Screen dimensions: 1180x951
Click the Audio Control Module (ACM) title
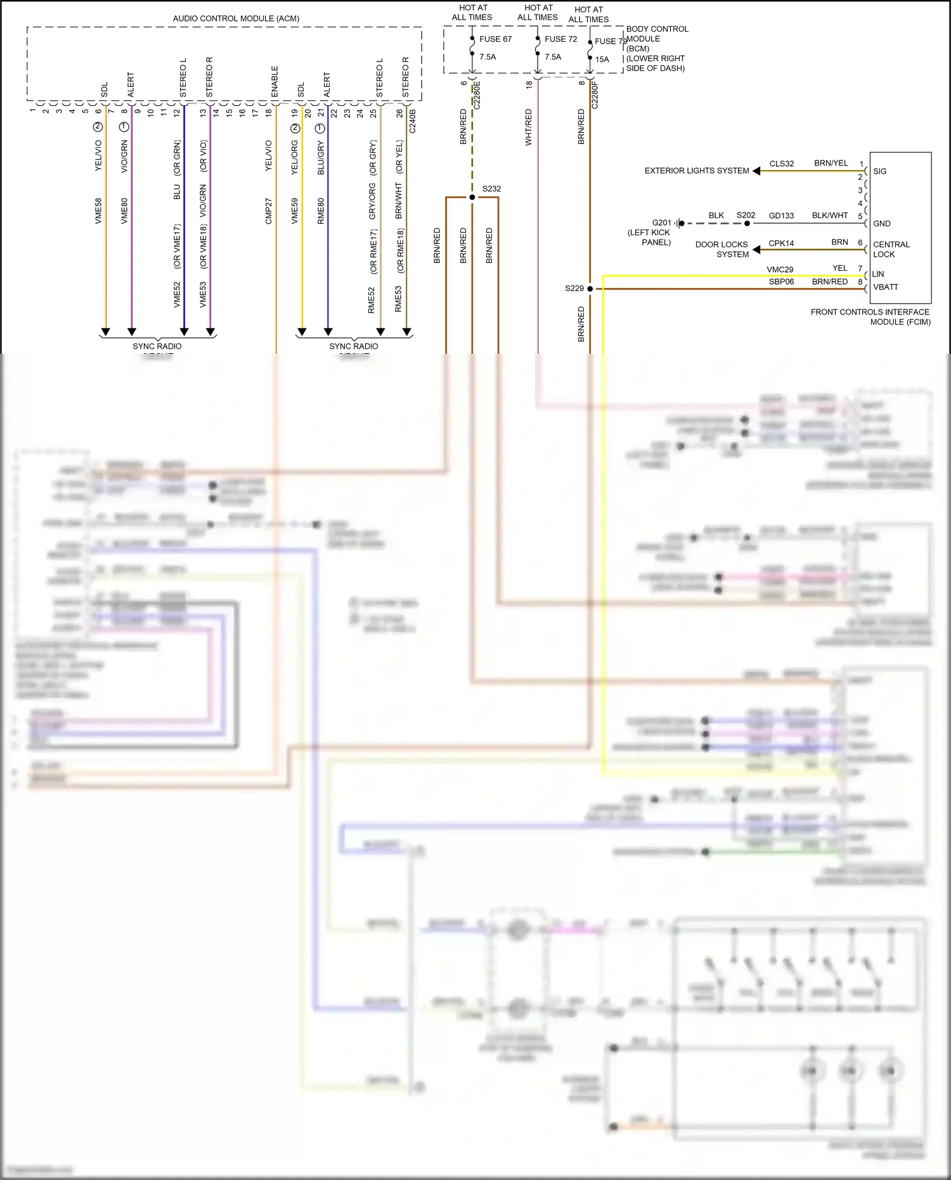click(x=236, y=18)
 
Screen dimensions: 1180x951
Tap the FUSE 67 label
click(x=495, y=39)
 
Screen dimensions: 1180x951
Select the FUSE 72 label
click(x=560, y=39)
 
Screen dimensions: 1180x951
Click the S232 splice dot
click(x=472, y=197)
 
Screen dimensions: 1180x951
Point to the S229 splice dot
click(x=590, y=289)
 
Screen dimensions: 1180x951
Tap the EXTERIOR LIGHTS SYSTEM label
click(x=697, y=171)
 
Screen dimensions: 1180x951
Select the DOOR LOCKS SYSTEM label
click(x=722, y=249)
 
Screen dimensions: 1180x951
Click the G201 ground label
click(x=661, y=223)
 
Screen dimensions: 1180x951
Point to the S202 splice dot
click(x=747, y=223)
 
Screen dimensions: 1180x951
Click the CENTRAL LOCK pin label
click(x=891, y=249)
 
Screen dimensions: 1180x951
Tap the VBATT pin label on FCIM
click(x=886, y=287)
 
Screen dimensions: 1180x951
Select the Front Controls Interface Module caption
click(x=870, y=316)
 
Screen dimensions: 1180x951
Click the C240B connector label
click(x=413, y=121)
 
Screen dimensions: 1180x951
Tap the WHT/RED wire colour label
click(x=529, y=127)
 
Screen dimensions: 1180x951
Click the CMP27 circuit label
click(x=268, y=211)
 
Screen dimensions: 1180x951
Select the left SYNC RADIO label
click(x=157, y=346)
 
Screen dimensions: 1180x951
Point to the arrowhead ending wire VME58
click(x=106, y=332)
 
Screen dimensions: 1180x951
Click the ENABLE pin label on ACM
click(x=275, y=82)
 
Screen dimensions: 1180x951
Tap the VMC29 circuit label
click(x=780, y=269)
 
